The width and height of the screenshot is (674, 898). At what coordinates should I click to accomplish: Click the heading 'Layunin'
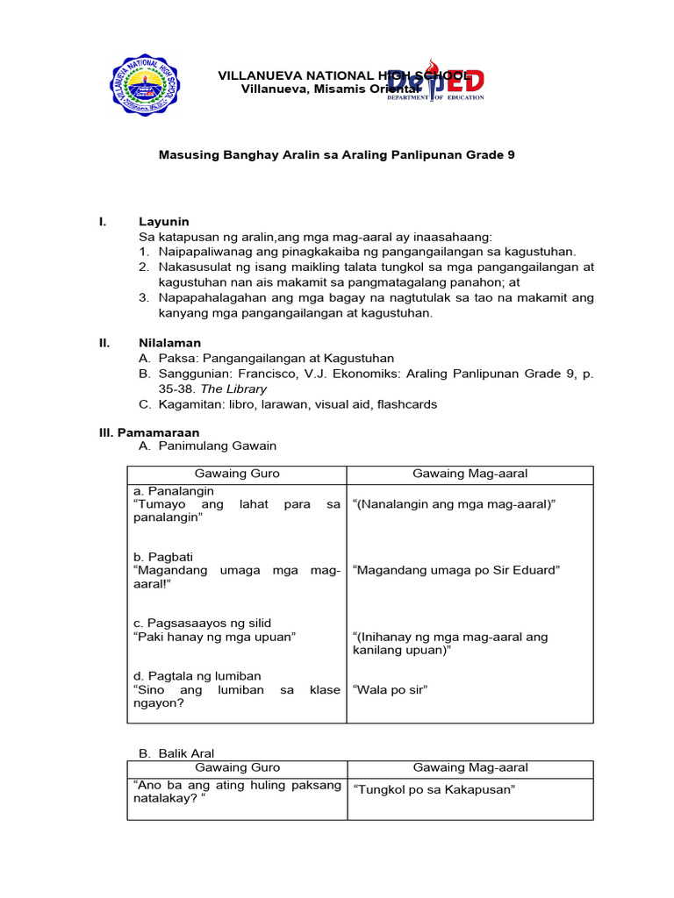[x=164, y=222]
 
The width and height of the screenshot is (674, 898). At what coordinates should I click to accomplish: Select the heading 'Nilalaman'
[x=169, y=343]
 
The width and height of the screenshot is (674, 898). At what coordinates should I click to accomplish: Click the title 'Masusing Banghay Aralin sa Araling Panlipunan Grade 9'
[x=336, y=154]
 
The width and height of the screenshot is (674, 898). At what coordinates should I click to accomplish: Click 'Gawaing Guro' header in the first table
[x=237, y=474]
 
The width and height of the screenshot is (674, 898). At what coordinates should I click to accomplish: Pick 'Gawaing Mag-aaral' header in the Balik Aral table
[x=470, y=767]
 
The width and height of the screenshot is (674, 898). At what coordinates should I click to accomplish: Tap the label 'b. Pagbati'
[x=163, y=557]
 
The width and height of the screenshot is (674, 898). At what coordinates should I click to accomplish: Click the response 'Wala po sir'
[x=390, y=690]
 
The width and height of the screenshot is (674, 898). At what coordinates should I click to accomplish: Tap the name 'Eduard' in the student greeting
[x=539, y=570]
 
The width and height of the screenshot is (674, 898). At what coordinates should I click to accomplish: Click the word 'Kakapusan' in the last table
[x=479, y=789]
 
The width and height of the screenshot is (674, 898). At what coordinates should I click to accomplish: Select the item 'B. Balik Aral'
[x=176, y=753]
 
